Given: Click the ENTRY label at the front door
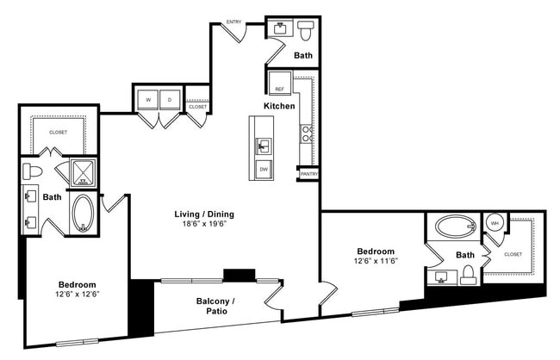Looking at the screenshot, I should tap(233, 22).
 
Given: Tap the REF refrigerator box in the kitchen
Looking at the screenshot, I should tap(279, 89).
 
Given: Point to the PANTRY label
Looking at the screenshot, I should tap(308, 174).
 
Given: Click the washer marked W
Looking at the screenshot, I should tap(147, 100).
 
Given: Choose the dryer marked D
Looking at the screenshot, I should tap(170, 100).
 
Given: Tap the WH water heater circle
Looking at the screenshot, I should tap(494, 223).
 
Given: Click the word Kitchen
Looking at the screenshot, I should tap(279, 106).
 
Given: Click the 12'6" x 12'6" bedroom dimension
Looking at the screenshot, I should tap(77, 295).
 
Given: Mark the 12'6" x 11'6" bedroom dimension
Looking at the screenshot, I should tap(375, 260).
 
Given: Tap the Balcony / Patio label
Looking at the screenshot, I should tap(209, 306).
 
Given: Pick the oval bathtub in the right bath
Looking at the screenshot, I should tap(455, 227).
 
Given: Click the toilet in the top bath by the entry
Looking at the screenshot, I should tap(305, 31).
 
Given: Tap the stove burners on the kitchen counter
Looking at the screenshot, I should tap(306, 133).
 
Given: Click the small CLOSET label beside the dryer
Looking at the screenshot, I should tap(197, 107).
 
